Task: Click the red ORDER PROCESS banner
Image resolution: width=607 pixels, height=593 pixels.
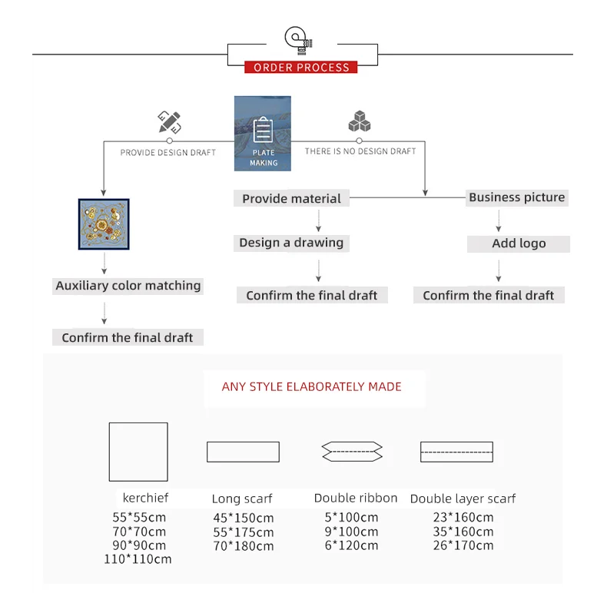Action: tap(301, 68)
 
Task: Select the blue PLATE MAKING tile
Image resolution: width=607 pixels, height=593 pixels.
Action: tap(263, 133)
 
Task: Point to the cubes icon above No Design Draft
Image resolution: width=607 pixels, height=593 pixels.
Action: tap(359, 122)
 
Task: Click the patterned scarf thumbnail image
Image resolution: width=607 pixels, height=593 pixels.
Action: tap(104, 224)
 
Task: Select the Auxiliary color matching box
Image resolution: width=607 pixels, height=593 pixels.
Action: tap(128, 286)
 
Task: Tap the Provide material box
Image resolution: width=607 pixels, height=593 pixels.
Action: tap(291, 198)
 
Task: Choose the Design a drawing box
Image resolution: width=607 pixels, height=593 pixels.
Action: tap(291, 243)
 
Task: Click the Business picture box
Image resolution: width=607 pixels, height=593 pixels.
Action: tap(516, 197)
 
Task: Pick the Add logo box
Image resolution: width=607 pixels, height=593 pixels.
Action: tap(519, 243)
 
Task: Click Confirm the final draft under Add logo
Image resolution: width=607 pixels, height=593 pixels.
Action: tap(488, 296)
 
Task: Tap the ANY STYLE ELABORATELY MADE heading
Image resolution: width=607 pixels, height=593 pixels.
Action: tap(312, 386)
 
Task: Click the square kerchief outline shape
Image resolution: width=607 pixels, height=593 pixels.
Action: tap(138, 452)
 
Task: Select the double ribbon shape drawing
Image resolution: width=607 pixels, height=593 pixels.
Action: tap(352, 452)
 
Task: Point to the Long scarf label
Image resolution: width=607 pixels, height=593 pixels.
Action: tap(242, 499)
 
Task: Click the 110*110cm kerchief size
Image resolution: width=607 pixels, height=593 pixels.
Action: tap(138, 559)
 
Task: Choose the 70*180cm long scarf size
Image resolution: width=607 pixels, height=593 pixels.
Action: tap(244, 546)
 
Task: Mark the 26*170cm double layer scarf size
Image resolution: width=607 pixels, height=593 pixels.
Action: tap(463, 545)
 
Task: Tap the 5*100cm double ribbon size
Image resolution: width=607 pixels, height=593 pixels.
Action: tap(352, 518)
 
